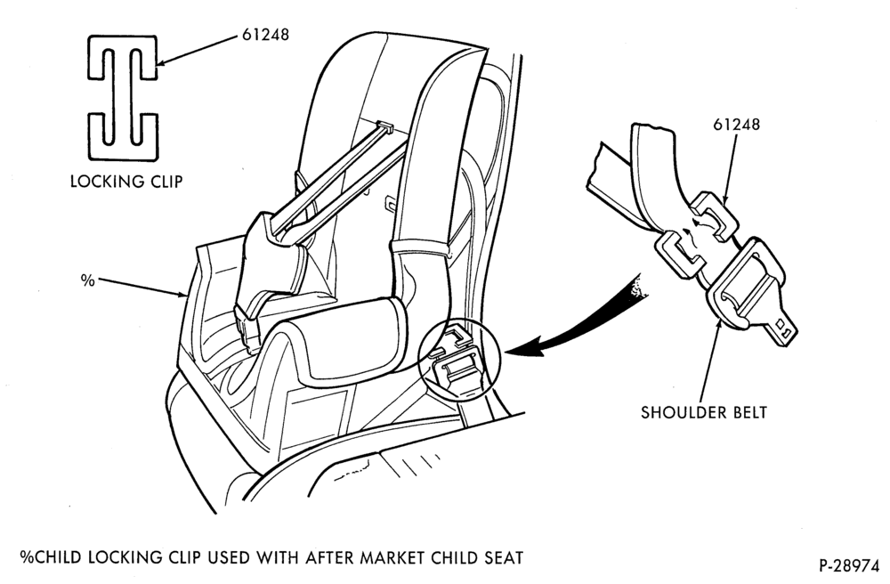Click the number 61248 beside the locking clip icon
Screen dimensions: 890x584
point(265,35)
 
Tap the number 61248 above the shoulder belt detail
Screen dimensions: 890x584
point(736,125)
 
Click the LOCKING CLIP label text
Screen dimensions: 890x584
point(126,182)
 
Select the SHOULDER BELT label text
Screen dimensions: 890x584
point(704,412)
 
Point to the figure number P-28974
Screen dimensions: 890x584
point(849,566)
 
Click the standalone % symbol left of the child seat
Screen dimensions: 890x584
point(87,280)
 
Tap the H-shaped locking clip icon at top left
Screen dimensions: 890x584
point(123,98)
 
